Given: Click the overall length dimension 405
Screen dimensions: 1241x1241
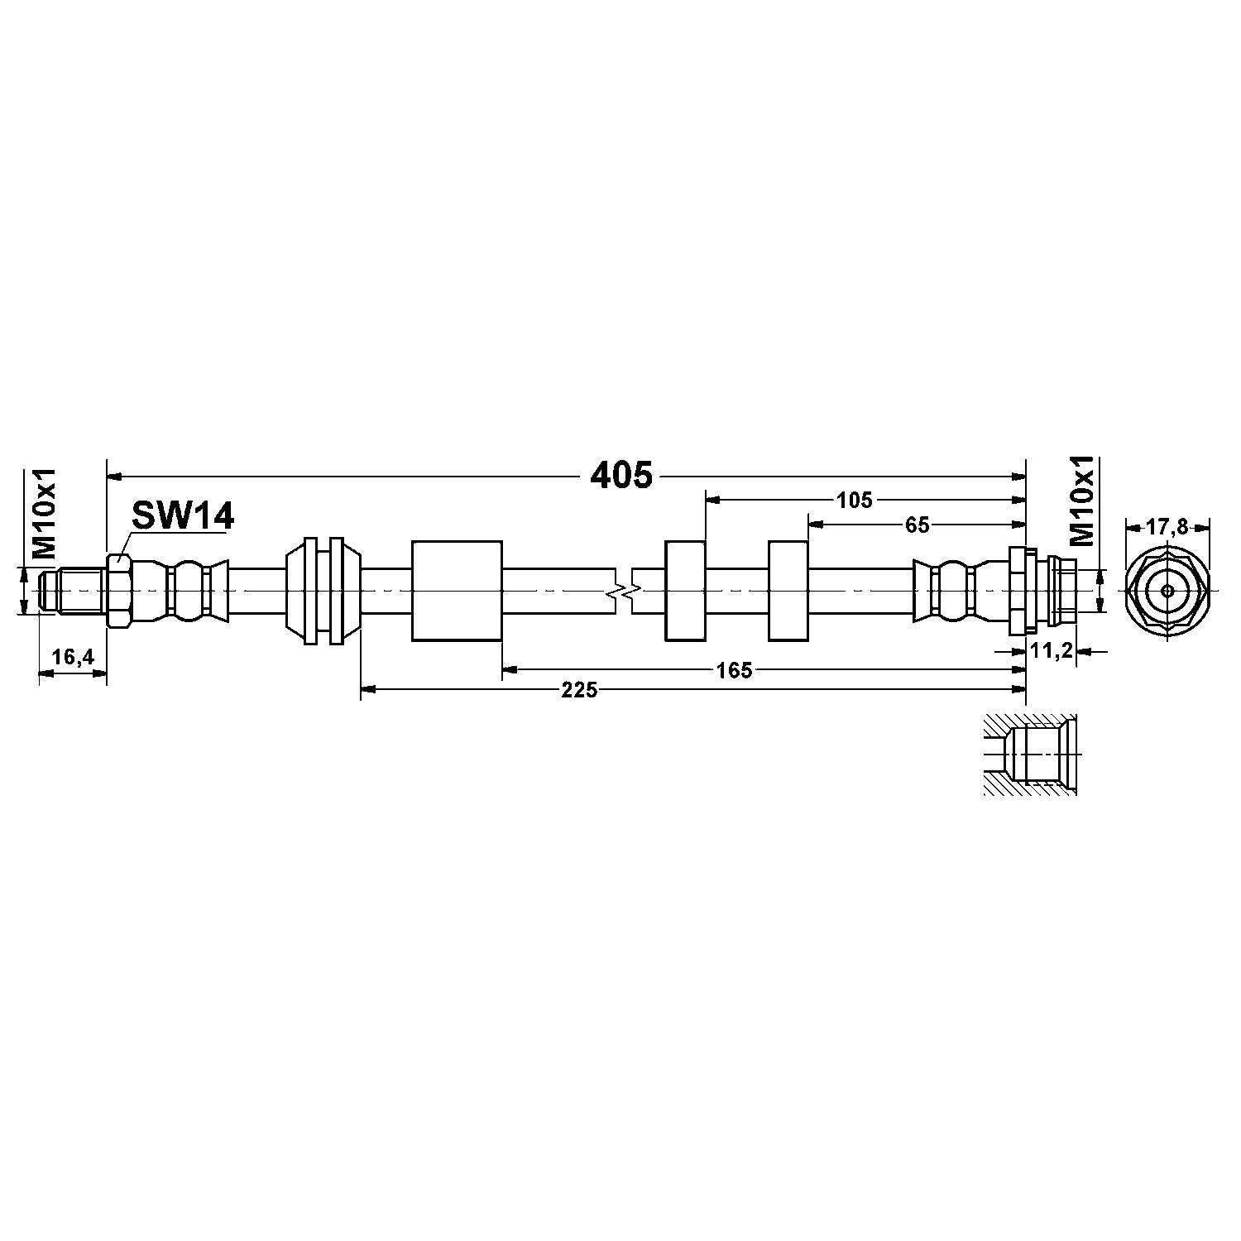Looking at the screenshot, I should [621, 476].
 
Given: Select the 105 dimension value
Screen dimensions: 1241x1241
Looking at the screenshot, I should [855, 500].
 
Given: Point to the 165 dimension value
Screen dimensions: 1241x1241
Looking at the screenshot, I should [735, 670].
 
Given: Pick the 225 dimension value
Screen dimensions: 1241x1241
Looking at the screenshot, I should [579, 690].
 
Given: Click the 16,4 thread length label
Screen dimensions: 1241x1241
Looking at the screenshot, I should [73, 657].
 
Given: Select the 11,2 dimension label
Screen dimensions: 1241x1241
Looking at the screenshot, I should [1052, 651].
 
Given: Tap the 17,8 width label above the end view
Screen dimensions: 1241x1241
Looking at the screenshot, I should [1167, 526].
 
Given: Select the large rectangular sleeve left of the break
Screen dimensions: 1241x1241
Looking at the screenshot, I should [457, 591].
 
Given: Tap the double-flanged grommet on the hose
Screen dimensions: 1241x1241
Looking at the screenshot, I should [323, 591].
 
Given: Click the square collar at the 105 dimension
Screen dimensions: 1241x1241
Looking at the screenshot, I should [685, 591].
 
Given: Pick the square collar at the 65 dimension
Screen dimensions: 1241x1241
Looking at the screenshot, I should [788, 591].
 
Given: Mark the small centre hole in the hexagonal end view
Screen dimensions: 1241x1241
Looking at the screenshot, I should [1167, 591].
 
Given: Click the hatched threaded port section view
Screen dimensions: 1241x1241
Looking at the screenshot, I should [1028, 755].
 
